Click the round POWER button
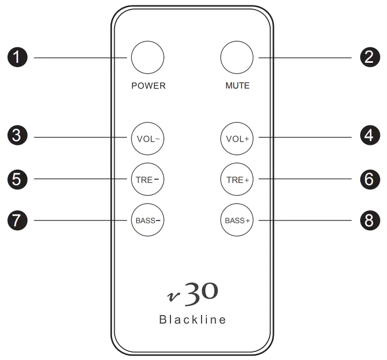[147, 57]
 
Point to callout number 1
[20, 57]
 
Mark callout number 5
[20, 179]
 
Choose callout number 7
[20, 220]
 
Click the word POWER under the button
[148, 86]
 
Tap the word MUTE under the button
[237, 86]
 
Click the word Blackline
[192, 320]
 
